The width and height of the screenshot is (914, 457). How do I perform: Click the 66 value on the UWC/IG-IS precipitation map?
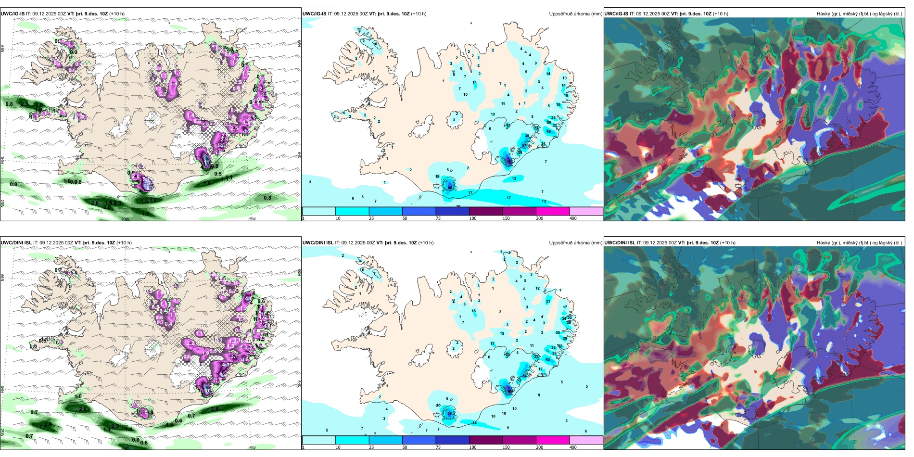[x=450, y=187]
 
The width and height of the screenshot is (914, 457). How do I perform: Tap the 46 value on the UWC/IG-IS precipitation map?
[x=549, y=131]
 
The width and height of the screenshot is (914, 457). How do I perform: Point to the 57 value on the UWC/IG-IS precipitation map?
[x=524, y=145]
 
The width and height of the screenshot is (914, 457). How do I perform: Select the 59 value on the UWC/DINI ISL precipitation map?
[x=450, y=413]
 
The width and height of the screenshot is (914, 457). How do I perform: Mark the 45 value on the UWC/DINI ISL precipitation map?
[x=547, y=359]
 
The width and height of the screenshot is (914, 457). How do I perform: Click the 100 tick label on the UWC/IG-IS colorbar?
[x=473, y=218]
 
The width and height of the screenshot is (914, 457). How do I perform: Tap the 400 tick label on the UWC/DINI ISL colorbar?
[x=573, y=447]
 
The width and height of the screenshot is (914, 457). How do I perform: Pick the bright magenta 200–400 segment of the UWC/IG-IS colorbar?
[x=553, y=211]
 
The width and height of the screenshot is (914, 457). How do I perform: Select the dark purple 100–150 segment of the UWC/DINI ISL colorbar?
[x=486, y=440]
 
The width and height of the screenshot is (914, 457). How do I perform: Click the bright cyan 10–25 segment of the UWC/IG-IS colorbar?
[x=352, y=211]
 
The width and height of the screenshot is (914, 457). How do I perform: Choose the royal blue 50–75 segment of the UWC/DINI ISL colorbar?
[x=419, y=440]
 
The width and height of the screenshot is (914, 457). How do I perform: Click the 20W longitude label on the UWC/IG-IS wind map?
[x=125, y=219]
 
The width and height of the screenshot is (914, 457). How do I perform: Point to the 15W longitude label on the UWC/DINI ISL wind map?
[x=252, y=448]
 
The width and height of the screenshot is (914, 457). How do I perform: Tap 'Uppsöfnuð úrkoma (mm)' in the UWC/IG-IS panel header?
[x=575, y=14]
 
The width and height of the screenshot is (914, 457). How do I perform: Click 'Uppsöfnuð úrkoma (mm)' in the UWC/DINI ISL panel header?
[x=575, y=243]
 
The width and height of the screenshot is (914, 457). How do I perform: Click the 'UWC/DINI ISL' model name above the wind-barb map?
[x=16, y=243]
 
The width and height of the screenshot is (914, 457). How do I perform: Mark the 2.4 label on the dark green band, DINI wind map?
[x=215, y=409]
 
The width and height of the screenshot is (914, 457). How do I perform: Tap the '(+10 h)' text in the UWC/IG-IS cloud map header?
[x=720, y=14]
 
